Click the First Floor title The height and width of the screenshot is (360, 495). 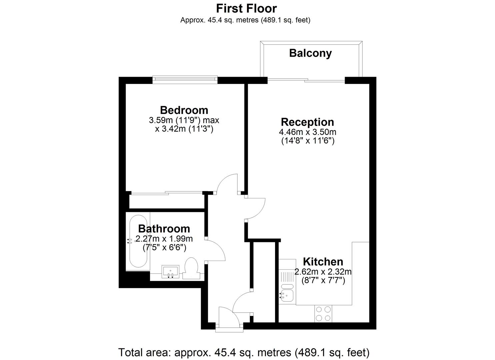coord(246,9)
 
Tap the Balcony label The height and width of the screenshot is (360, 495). coord(310,53)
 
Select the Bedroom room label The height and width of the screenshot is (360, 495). coord(184,110)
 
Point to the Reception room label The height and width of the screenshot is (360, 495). coord(307,122)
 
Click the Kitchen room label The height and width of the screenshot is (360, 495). coord(323,262)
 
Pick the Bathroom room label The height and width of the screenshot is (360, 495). coord(164,229)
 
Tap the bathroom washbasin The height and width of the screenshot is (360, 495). coord(170,272)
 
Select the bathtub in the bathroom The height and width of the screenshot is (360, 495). coord(138,241)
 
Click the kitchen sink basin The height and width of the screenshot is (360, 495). coord(287,295)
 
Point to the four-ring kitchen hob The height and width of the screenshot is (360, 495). coord(323,314)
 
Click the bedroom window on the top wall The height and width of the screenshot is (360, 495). coord(185,80)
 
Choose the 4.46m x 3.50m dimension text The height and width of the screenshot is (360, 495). coord(308,132)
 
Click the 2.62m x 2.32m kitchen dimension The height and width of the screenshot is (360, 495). coord(323,272)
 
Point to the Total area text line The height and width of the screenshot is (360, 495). coord(244,352)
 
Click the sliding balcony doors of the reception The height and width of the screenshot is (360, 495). coord(306,80)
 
